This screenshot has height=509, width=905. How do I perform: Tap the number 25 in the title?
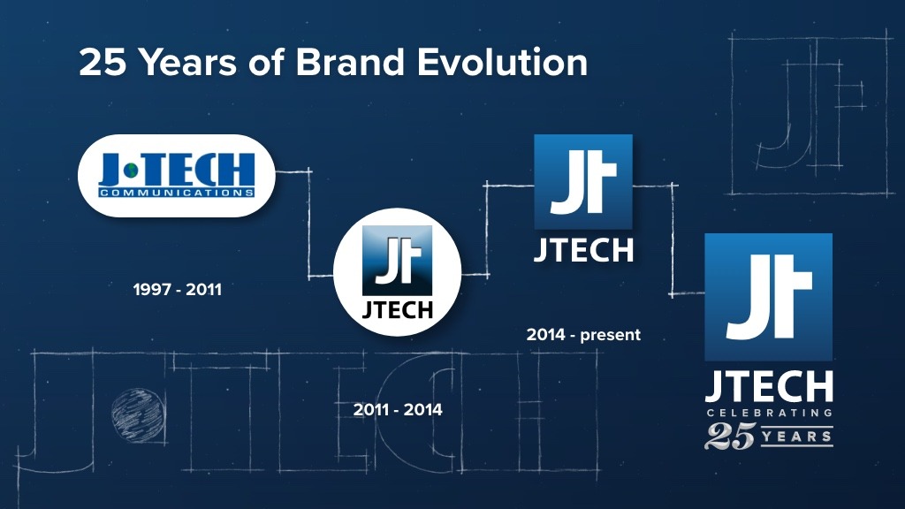point(103,62)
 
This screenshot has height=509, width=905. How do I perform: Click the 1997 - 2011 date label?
point(177,289)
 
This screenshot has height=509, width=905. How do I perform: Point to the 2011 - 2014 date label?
point(398,410)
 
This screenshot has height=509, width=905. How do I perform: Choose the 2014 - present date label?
point(583,335)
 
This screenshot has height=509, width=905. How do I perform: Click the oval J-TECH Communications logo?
point(177,176)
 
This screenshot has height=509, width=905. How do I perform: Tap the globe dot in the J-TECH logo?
point(133,171)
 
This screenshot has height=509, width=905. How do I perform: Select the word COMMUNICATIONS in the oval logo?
point(177,193)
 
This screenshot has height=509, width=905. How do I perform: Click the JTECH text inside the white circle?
point(397,310)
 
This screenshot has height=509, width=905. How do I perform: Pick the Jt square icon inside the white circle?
point(397,261)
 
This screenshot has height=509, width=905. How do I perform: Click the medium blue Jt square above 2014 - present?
point(583,182)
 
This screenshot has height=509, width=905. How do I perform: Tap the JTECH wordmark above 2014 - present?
point(583,251)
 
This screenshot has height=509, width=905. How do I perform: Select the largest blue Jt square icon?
point(768,297)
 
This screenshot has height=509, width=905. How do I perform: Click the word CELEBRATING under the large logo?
point(770,413)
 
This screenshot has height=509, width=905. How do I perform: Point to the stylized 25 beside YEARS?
point(730,437)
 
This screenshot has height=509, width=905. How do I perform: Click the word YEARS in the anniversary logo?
point(797,437)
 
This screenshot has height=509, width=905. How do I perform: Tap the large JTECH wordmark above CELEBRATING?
point(769,386)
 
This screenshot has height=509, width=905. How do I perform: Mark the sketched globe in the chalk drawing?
point(137,415)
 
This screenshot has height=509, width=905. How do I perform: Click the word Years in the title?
point(188,62)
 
